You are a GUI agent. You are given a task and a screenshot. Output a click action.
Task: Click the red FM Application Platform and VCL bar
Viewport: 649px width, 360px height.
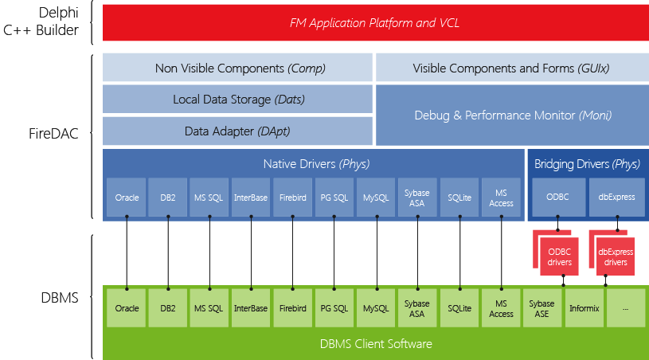[374, 23]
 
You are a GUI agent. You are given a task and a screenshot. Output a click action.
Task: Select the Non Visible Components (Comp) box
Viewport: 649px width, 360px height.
[237, 68]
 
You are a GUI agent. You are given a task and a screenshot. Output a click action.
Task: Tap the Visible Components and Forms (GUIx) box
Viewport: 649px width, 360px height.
[510, 68]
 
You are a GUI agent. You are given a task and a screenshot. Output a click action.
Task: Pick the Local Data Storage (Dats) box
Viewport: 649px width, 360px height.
[237, 100]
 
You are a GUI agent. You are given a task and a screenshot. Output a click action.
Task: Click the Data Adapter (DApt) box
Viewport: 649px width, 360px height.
[237, 131]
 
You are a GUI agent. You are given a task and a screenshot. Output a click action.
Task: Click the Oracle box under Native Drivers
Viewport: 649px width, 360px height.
[127, 197]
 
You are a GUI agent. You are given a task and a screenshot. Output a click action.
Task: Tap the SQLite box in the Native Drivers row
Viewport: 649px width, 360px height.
[460, 197]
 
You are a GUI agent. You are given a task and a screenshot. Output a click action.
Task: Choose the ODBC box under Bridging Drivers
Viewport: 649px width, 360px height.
[557, 197]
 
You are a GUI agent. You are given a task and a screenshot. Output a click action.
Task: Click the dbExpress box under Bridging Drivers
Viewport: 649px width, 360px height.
[616, 197]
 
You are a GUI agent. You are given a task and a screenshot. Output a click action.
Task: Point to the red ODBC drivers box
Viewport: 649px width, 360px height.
[564, 256]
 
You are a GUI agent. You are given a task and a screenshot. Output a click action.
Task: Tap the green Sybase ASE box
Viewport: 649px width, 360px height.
[542, 308]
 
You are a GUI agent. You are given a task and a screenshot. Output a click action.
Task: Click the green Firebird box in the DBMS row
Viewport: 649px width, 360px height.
[292, 308]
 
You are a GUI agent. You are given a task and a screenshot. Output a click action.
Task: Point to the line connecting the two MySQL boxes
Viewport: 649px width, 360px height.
[375, 255]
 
